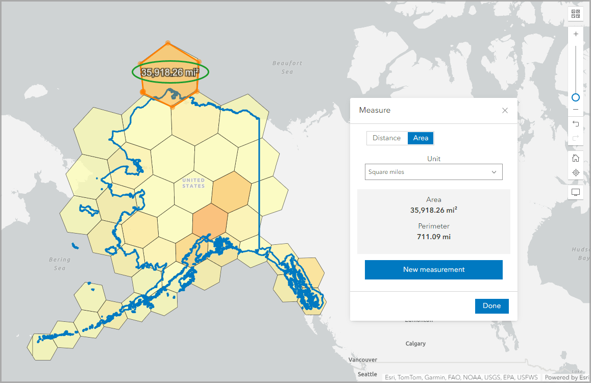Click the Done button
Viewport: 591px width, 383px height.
pyautogui.click(x=491, y=306)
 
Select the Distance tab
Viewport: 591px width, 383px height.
pyautogui.click(x=386, y=138)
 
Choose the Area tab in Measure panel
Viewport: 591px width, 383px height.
pyautogui.click(x=421, y=138)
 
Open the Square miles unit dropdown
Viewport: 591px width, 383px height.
pyautogui.click(x=433, y=172)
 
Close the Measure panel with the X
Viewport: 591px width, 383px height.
pyautogui.click(x=505, y=111)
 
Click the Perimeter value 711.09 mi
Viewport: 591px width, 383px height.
pyautogui.click(x=433, y=237)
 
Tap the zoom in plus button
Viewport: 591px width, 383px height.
pyautogui.click(x=576, y=34)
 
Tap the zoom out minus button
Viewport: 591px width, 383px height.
pyautogui.click(x=576, y=110)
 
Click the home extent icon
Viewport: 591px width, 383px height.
pyautogui.click(x=576, y=159)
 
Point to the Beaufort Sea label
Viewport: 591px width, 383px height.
pyautogui.click(x=287, y=67)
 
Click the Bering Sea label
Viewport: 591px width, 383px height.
pyautogui.click(x=60, y=263)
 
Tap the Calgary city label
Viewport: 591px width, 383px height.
pyautogui.click(x=415, y=344)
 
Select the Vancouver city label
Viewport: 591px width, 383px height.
pyautogui.click(x=363, y=360)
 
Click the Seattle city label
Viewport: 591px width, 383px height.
pyautogui.click(x=367, y=374)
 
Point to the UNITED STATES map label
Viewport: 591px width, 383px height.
pyautogui.click(x=193, y=183)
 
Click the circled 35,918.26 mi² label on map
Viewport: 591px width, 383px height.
pyautogui.click(x=170, y=72)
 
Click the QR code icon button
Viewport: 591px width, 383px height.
pyautogui.click(x=576, y=14)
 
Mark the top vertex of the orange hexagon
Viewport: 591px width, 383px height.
pyautogui.click(x=168, y=43)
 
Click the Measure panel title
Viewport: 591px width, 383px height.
pyautogui.click(x=375, y=110)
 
